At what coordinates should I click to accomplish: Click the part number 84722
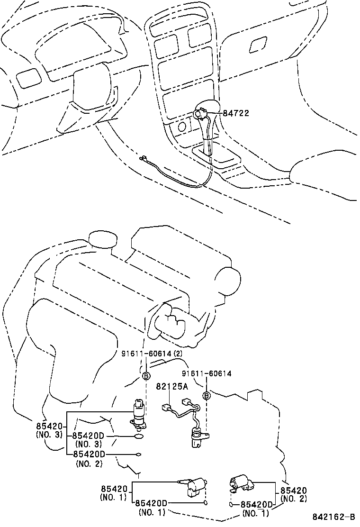236,113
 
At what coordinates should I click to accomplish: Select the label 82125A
172,386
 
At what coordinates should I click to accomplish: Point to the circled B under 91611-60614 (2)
146,376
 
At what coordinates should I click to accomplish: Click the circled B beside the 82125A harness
207,396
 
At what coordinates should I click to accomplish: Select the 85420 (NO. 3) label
49,429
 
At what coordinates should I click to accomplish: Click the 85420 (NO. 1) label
114,492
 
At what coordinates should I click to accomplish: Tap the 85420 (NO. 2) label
294,494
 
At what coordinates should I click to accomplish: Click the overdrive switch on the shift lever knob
199,114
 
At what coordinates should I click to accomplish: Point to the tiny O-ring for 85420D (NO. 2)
138,454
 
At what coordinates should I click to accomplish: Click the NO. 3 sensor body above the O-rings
138,413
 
